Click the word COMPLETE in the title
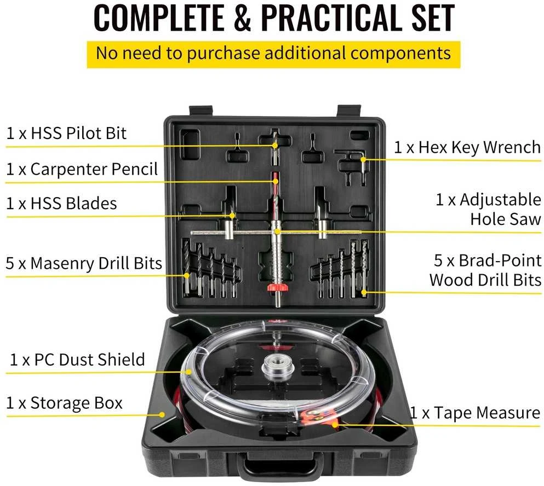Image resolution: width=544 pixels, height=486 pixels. click(x=159, y=18)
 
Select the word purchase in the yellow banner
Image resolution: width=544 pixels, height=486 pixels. click(x=224, y=54)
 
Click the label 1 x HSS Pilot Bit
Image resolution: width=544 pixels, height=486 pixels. click(x=66, y=134)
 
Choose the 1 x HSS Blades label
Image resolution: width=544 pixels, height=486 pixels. click(x=61, y=203)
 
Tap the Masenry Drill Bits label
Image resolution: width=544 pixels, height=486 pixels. click(x=84, y=263)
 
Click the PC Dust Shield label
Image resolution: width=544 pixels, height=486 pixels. click(x=77, y=360)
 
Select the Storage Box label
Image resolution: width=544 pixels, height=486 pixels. click(x=64, y=403)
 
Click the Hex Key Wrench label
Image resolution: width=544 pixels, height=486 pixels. click(x=467, y=148)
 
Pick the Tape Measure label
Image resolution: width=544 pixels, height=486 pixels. click(x=475, y=413)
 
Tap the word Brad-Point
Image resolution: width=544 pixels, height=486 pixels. click(x=500, y=261)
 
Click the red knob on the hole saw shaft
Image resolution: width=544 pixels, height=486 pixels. click(x=277, y=287)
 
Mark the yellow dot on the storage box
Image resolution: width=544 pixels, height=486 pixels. click(x=162, y=415)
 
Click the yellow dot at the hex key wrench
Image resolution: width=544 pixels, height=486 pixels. click(x=363, y=160)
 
